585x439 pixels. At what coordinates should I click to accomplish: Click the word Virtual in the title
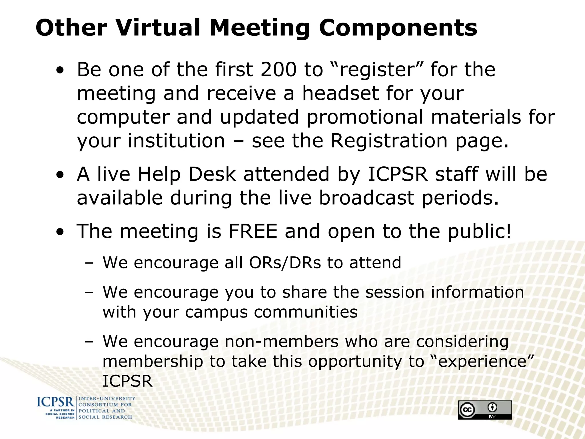[158, 28]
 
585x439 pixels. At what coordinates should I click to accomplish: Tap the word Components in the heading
[398, 28]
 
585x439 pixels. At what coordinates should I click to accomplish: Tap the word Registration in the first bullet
[389, 141]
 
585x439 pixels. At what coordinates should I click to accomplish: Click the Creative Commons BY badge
[485, 410]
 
